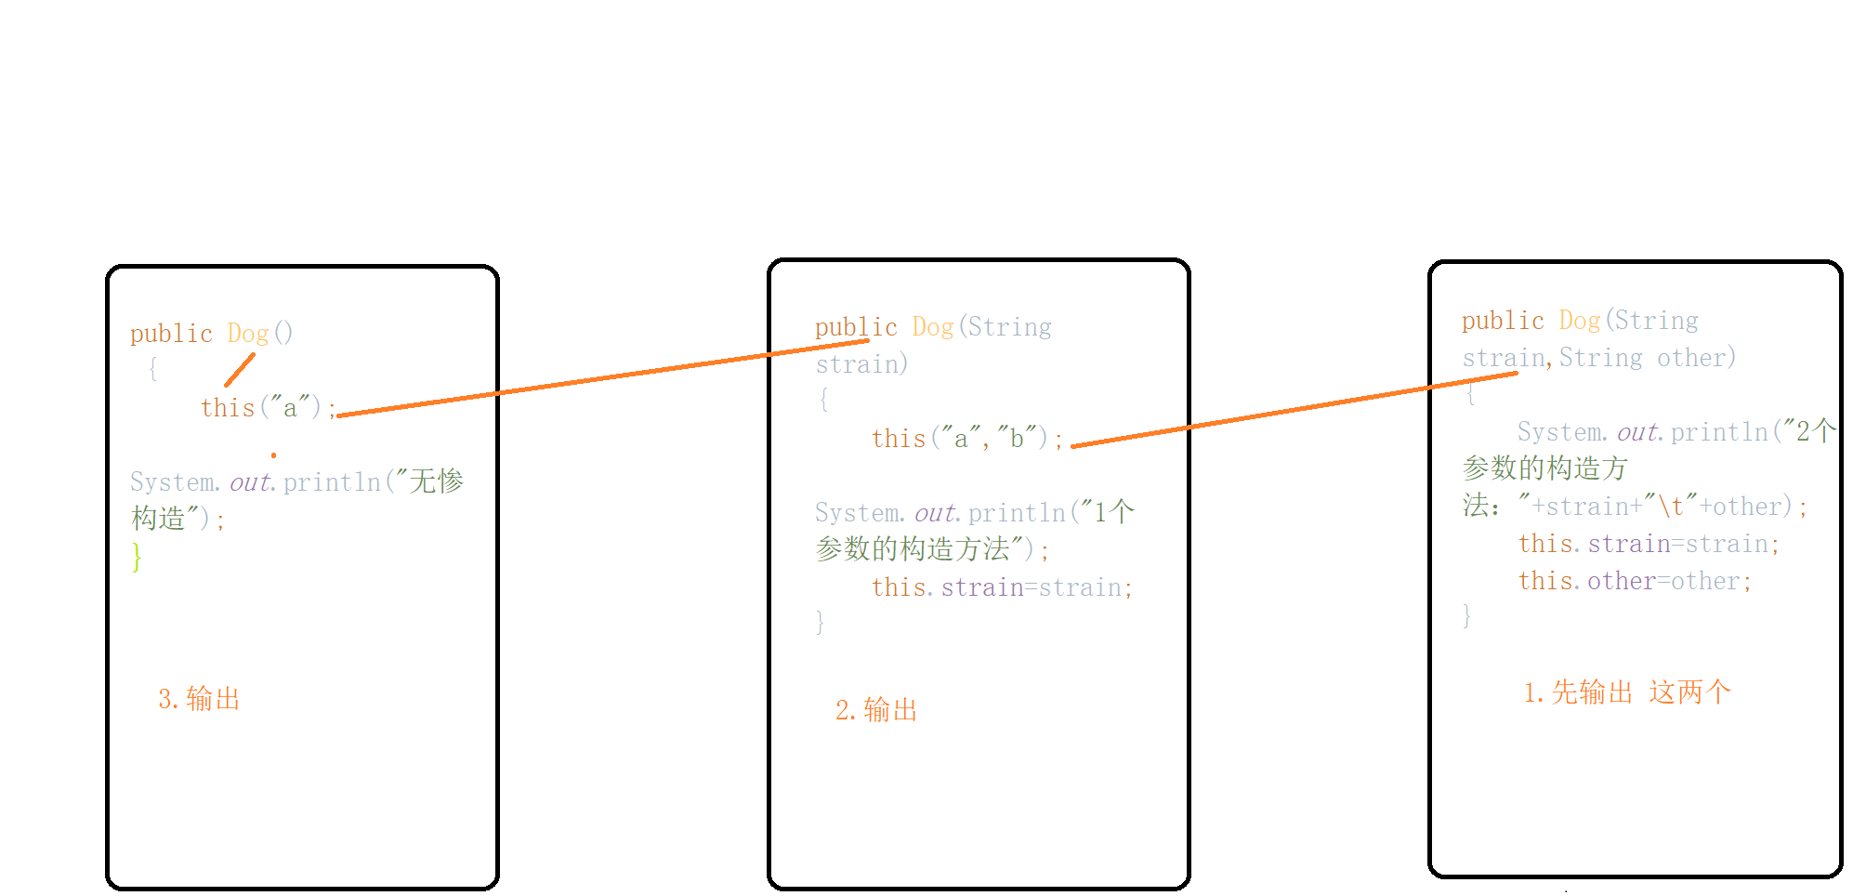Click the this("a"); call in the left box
tap(266, 408)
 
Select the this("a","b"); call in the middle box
tap(966, 439)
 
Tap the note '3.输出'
tap(199, 699)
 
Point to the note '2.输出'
tap(875, 710)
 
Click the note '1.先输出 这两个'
tap(1626, 692)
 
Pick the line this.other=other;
tap(1635, 581)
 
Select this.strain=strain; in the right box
tap(1649, 544)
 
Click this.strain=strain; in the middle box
tap(1002, 587)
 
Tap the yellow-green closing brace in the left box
tap(137, 557)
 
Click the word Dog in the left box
tap(248, 333)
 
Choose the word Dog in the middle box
tap(933, 327)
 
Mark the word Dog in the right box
tap(1580, 321)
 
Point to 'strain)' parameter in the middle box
tap(861, 364)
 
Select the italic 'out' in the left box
tap(250, 482)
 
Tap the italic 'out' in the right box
tap(1637, 432)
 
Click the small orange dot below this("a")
tap(273, 455)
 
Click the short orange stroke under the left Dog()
tap(240, 370)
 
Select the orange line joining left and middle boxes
tap(604, 377)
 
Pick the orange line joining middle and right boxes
tap(1292, 410)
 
